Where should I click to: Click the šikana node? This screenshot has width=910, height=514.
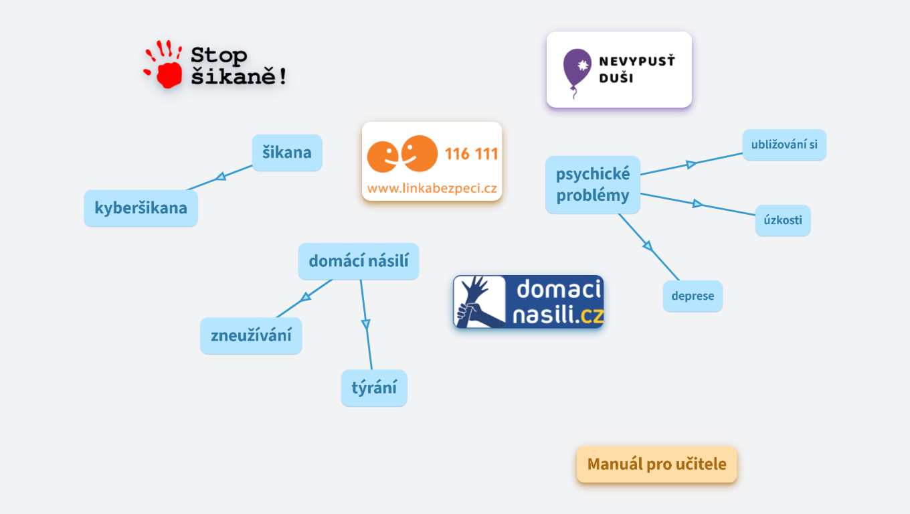pyautogui.click(x=286, y=153)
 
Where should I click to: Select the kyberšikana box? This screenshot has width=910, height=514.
pyautogui.click(x=141, y=208)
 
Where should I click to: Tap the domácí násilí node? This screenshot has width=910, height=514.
pyautogui.click(x=358, y=261)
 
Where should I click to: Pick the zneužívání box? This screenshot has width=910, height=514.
pyautogui.click(x=251, y=335)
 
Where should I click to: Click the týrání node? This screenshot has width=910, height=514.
pyautogui.click(x=374, y=388)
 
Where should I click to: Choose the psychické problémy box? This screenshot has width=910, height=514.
pyautogui.click(x=593, y=185)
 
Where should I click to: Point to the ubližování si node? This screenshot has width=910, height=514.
pyautogui.click(x=784, y=145)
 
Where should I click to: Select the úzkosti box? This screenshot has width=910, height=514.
pyautogui.click(x=783, y=220)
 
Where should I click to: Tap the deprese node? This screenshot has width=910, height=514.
pyautogui.click(x=693, y=296)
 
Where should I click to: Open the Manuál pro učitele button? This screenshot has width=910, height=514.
pyautogui.click(x=656, y=464)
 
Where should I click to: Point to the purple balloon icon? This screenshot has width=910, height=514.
pyautogui.click(x=577, y=69)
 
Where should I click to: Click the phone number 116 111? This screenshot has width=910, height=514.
pyautogui.click(x=471, y=155)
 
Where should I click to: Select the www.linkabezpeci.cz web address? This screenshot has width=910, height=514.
pyautogui.click(x=432, y=189)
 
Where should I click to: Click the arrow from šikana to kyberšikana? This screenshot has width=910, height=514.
pyautogui.click(x=219, y=177)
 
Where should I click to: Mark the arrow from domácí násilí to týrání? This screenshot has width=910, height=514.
pyautogui.click(x=365, y=324)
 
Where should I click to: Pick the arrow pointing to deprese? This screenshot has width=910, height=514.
pyautogui.click(x=648, y=246)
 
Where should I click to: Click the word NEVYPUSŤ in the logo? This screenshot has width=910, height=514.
pyautogui.click(x=636, y=62)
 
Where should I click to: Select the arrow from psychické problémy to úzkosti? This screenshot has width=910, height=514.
pyautogui.click(x=697, y=203)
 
